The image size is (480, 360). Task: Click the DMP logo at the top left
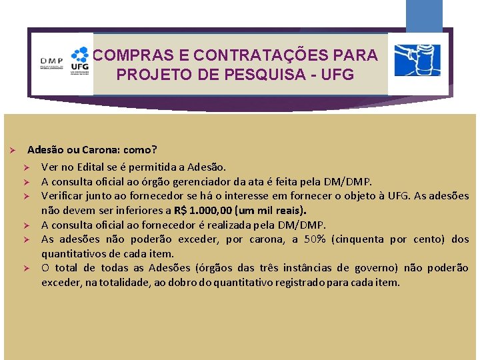tap(51, 63)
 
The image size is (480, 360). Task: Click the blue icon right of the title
tap(417, 61)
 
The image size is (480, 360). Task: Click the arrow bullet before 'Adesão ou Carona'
tap(11, 151)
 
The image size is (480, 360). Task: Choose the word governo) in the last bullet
tap(388, 268)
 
